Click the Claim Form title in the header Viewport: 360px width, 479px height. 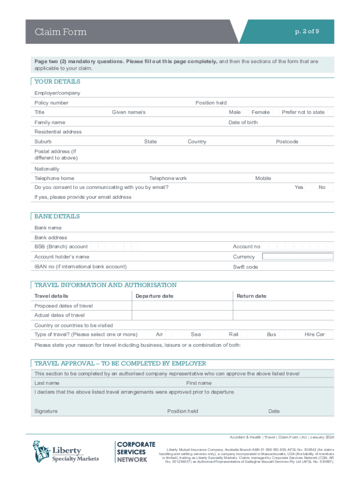(x=60, y=32)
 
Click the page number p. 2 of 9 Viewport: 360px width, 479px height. (x=307, y=31)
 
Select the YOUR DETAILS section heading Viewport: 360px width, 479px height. (x=57, y=81)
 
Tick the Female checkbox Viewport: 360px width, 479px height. (x=275, y=112)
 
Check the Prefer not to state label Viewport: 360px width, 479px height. (x=303, y=112)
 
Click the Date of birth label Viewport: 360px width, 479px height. (x=243, y=122)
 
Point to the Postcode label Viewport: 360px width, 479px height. (x=287, y=142)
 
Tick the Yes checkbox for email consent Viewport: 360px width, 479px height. (x=308, y=188)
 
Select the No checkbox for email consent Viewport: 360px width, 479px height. (x=330, y=188)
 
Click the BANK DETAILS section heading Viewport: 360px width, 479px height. (x=57, y=216)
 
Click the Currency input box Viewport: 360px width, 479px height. (x=298, y=256)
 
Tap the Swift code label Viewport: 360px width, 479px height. (x=245, y=267)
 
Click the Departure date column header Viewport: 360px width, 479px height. (x=154, y=296)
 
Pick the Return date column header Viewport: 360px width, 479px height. (x=251, y=296)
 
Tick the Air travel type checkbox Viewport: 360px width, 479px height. (x=169, y=334)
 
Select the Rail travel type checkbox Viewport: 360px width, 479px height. (x=244, y=334)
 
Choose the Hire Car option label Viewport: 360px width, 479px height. (x=314, y=334)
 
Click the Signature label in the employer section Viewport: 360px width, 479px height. (x=46, y=411)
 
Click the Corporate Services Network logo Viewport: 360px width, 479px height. (x=136, y=452)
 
